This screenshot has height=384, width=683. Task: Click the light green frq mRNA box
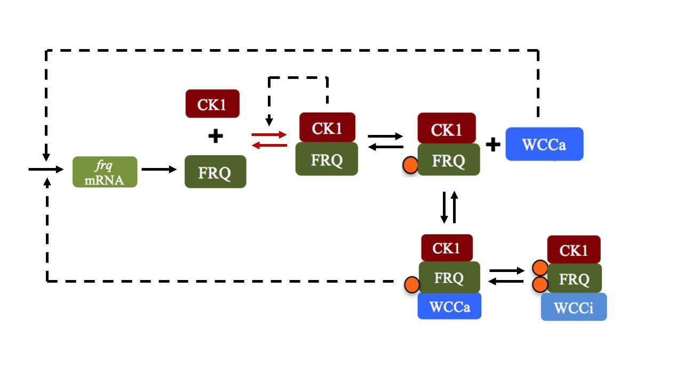[x=105, y=172]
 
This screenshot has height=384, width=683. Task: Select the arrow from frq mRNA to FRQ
[x=159, y=170]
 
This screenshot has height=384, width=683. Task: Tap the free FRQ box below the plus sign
[x=215, y=172]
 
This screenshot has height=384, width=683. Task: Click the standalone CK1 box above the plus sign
[x=212, y=103]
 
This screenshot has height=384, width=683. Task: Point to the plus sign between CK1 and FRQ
[x=215, y=137]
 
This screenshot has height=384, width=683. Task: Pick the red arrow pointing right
[x=269, y=135]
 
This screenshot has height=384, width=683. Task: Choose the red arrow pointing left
[x=269, y=145]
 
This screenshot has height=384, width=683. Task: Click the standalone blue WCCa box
[x=544, y=144]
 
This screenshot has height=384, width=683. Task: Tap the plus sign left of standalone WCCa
[x=493, y=144]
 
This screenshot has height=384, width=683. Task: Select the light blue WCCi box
[x=574, y=307]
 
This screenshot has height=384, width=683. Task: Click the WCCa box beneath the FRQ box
[x=449, y=306]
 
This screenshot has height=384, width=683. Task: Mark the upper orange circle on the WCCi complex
[x=539, y=268]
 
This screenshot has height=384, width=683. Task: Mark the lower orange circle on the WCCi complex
[x=539, y=284]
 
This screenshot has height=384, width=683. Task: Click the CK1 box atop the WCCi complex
[x=574, y=250]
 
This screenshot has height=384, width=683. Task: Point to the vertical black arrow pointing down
[x=444, y=207]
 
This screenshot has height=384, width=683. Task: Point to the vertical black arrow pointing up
[x=455, y=207]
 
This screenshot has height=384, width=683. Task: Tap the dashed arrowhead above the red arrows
[x=269, y=122]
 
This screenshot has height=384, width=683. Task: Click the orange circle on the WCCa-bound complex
[x=411, y=285]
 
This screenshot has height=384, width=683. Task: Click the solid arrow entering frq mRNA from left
[x=46, y=170]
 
